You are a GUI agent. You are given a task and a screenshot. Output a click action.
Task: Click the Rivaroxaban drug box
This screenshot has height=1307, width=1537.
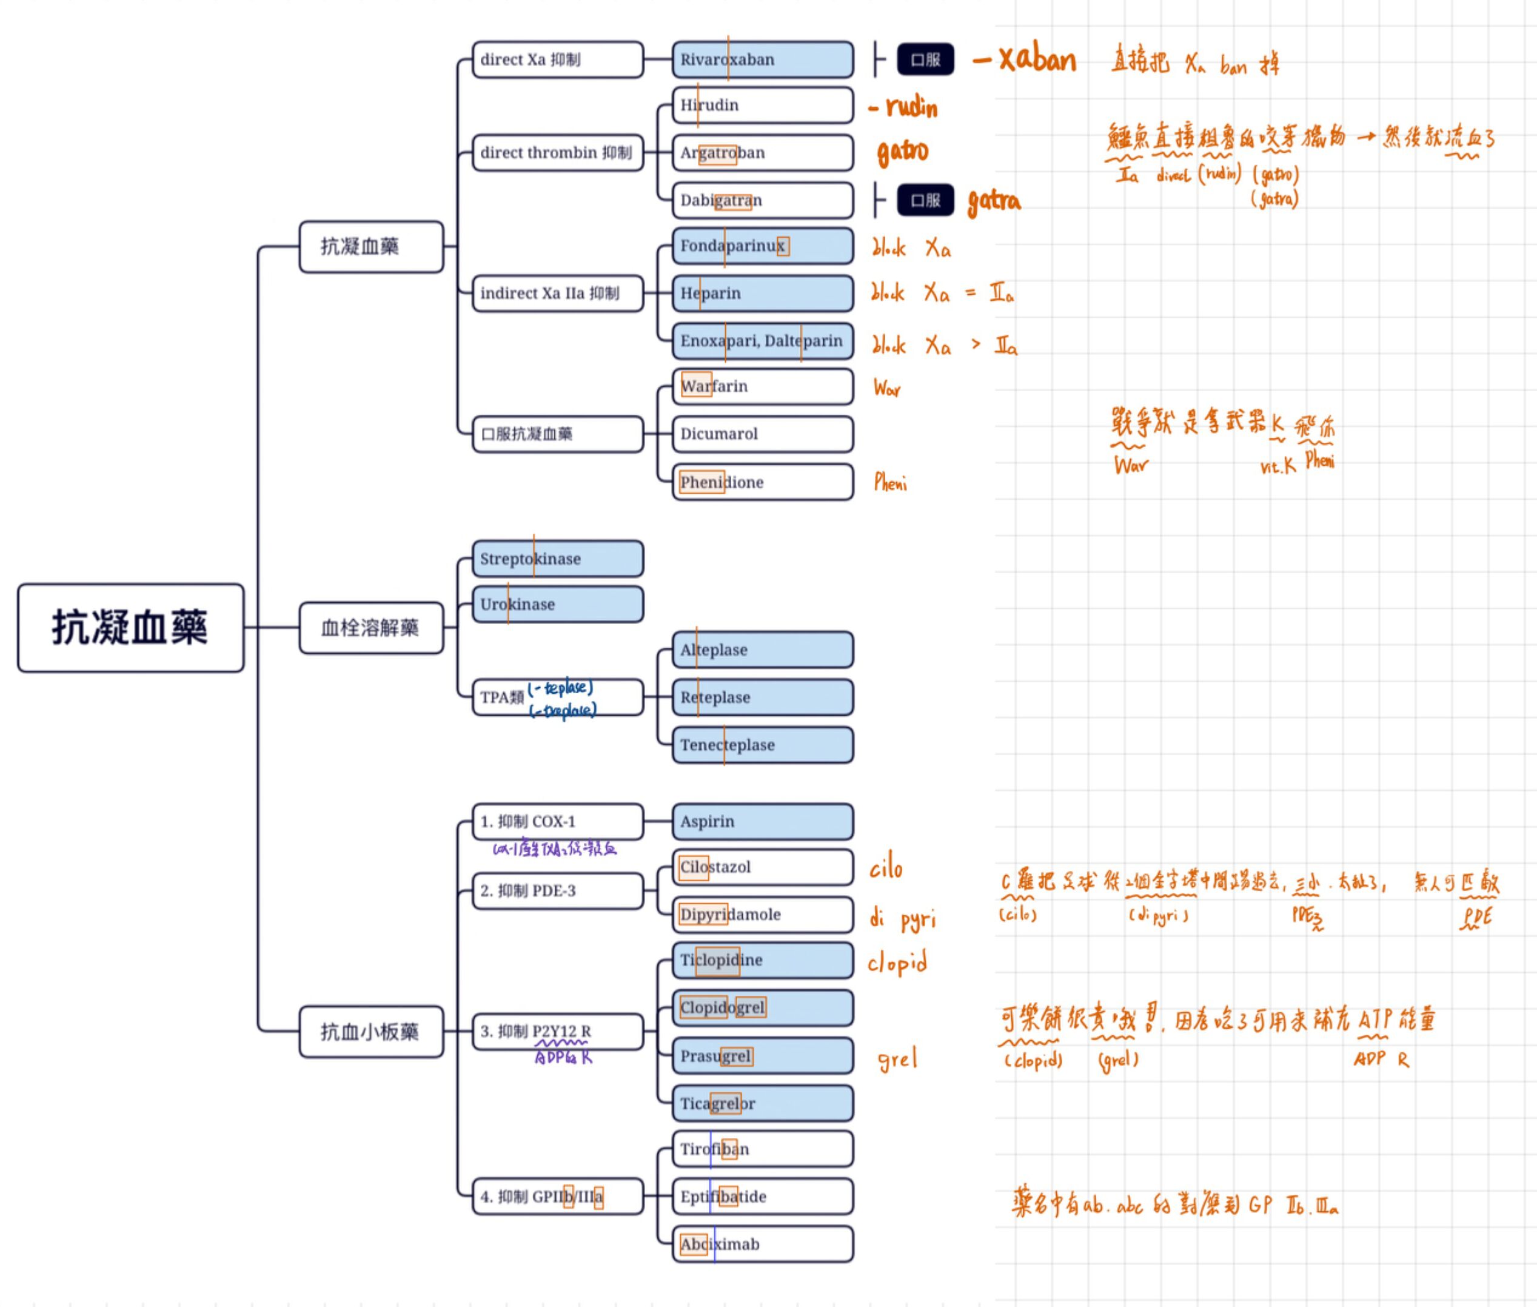tap(762, 59)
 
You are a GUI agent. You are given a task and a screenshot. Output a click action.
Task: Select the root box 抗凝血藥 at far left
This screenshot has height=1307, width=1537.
tap(130, 628)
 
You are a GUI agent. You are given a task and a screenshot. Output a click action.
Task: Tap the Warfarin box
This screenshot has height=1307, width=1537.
tap(762, 386)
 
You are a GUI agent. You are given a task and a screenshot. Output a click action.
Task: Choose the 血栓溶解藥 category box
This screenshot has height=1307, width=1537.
tap(371, 628)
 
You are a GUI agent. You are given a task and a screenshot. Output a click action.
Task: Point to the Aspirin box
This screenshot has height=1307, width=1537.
tap(762, 821)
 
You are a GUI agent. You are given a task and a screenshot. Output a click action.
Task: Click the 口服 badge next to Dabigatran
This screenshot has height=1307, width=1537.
tap(925, 200)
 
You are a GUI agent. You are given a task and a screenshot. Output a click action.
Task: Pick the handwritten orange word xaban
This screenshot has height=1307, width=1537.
tap(1036, 59)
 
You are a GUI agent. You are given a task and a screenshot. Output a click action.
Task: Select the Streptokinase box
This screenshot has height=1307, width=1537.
tap(557, 559)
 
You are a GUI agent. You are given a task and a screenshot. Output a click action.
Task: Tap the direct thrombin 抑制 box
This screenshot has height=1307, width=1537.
tap(557, 153)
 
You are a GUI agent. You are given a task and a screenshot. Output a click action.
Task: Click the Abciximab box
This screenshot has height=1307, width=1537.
tap(762, 1244)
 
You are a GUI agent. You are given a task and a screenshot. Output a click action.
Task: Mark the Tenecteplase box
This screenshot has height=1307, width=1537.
tap(762, 745)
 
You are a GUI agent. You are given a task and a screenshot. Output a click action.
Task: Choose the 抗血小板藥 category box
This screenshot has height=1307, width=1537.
tap(371, 1032)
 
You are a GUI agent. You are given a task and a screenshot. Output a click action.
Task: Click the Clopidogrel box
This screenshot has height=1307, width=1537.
tap(762, 1007)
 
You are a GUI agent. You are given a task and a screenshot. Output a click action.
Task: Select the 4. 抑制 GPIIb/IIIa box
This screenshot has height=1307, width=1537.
tap(557, 1197)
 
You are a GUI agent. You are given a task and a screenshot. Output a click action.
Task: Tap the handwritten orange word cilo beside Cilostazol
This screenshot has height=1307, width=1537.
tap(886, 868)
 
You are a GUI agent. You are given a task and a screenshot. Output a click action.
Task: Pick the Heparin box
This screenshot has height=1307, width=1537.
tap(762, 294)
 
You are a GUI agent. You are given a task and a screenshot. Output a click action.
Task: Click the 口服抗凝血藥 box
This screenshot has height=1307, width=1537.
tap(557, 434)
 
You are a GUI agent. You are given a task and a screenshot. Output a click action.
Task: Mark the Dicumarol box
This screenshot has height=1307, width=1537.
tap(762, 434)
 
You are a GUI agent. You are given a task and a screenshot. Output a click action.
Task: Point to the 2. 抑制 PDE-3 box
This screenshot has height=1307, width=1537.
tap(557, 890)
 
